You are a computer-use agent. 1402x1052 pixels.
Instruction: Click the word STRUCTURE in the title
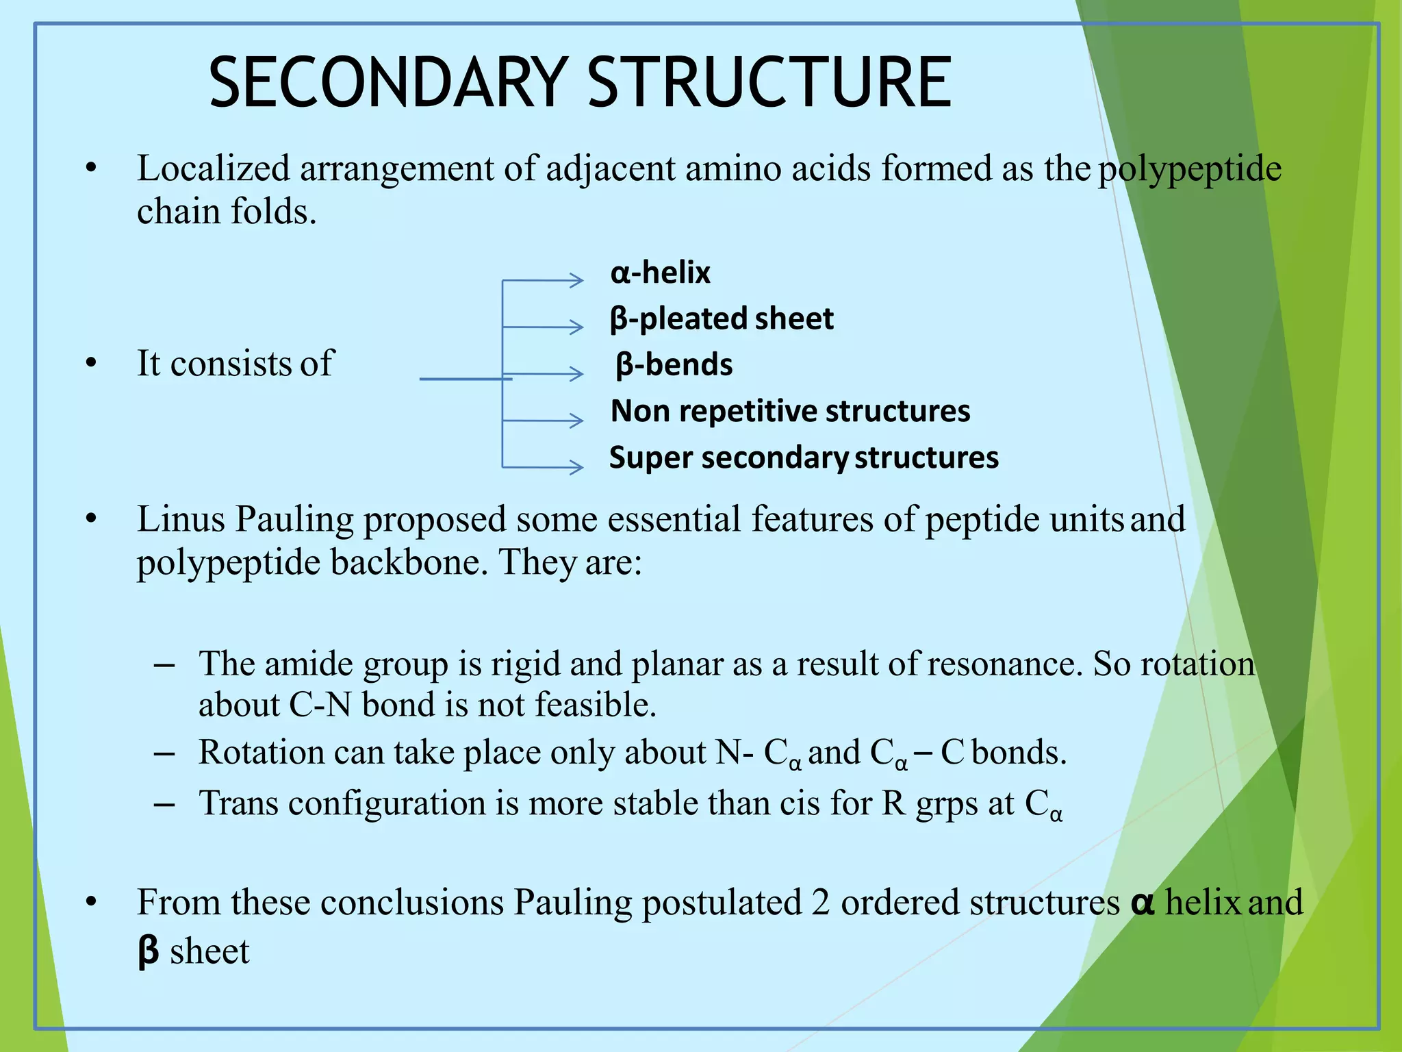coord(769,83)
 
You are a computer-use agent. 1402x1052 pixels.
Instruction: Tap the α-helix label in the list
coord(660,273)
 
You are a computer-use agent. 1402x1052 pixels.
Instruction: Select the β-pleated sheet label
coord(722,318)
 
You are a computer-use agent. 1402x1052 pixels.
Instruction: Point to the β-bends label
coord(674,364)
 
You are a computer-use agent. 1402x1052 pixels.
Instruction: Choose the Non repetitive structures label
coord(790,411)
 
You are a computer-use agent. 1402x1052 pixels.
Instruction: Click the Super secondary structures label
coord(804,458)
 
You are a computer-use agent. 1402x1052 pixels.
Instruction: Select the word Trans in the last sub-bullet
coord(238,803)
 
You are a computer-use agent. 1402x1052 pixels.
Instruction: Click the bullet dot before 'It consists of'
coord(91,363)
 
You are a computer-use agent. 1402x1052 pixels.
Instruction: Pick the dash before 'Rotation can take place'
coord(164,753)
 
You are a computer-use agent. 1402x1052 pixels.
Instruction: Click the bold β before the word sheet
coord(148,951)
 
